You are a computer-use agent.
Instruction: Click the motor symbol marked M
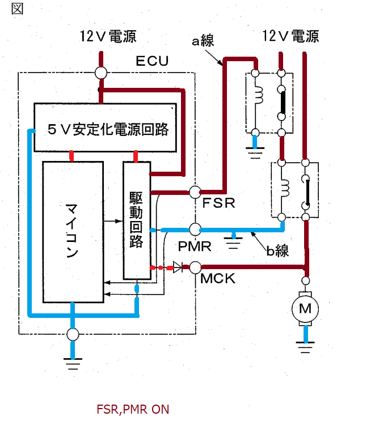click(x=305, y=309)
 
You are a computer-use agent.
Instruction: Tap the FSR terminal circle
click(x=195, y=192)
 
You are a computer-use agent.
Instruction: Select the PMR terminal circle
click(x=195, y=229)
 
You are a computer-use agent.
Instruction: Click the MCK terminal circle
click(x=195, y=267)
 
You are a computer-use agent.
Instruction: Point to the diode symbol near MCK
click(x=178, y=267)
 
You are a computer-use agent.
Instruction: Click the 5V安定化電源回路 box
click(x=106, y=127)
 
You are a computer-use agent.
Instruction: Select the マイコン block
click(x=73, y=232)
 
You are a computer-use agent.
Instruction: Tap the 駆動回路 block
click(x=137, y=220)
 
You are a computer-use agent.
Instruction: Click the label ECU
click(x=152, y=61)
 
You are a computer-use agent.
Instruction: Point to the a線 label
click(x=203, y=41)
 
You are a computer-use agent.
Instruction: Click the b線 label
click(x=277, y=250)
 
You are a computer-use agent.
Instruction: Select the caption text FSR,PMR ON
click(x=133, y=409)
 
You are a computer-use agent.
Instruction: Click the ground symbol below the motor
click(x=305, y=347)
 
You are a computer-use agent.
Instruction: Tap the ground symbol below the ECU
click(x=73, y=364)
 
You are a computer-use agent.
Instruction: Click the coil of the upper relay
click(x=259, y=95)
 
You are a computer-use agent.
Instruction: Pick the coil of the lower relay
click(x=285, y=188)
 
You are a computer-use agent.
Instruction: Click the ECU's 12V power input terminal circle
click(x=101, y=73)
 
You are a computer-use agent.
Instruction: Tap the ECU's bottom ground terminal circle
click(x=73, y=334)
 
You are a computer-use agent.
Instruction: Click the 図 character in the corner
click(x=18, y=8)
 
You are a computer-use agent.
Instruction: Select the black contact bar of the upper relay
click(x=283, y=103)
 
